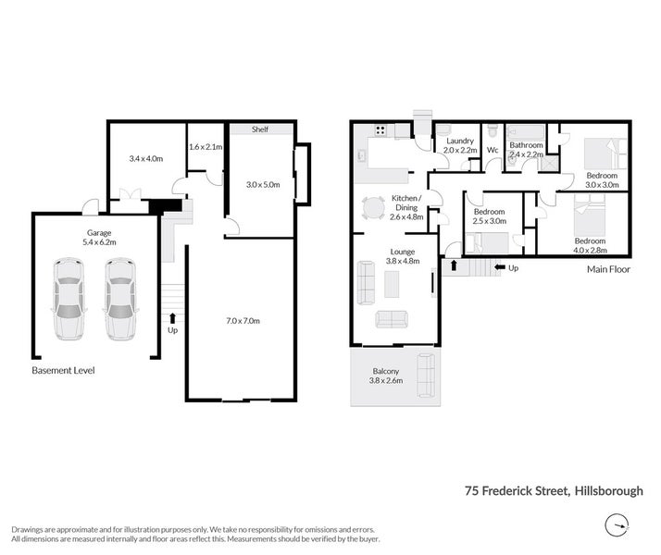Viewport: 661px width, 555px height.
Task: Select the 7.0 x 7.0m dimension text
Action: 243,320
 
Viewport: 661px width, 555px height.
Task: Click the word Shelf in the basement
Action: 260,129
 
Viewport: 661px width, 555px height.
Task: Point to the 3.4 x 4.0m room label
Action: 145,159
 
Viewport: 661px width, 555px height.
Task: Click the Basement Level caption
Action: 63,370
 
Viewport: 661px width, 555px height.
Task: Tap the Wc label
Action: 493,150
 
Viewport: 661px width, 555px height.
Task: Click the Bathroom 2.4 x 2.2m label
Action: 526,150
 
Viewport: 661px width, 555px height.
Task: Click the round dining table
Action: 375,207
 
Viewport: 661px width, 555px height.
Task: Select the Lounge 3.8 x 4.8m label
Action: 402,256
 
